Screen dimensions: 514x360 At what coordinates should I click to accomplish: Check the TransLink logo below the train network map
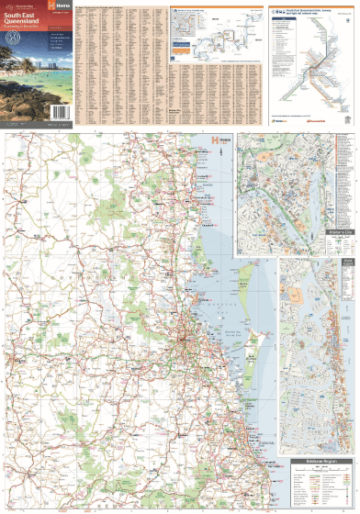click(280, 118)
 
